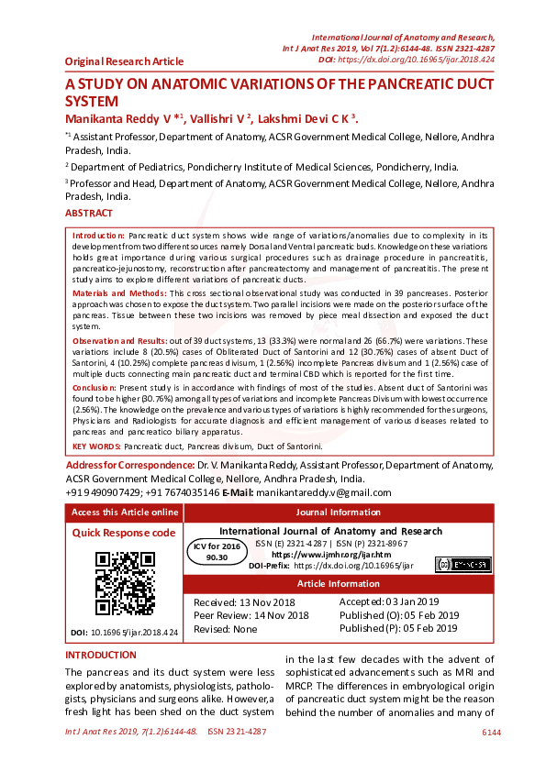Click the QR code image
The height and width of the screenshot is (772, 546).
pos(125,582)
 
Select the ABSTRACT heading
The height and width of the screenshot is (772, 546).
pos(89,214)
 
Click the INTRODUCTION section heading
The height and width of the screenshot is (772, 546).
pos(101,656)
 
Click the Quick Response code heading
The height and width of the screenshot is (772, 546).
pos(124,533)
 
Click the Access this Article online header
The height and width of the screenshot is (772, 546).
pos(125,513)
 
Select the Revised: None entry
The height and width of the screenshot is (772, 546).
pos(226,629)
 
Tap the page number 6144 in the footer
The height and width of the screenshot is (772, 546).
pos(491,733)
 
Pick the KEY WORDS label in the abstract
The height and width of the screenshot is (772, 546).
pos(95,446)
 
